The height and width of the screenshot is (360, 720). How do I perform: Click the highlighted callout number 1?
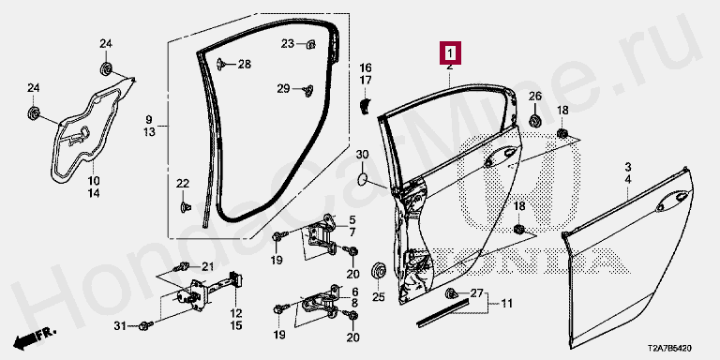450,53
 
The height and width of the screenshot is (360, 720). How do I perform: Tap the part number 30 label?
362,155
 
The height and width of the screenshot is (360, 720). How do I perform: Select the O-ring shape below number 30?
362,180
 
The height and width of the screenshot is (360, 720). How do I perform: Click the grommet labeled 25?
379,270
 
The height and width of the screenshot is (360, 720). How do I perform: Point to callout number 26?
535,97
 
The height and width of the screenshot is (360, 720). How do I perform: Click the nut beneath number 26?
534,121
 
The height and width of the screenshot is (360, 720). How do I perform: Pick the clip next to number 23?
311,44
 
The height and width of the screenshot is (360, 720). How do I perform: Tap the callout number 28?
245,65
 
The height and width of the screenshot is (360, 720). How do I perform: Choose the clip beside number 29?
307,90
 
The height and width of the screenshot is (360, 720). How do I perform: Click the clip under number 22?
185,207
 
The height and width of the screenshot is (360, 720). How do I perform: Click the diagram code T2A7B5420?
670,349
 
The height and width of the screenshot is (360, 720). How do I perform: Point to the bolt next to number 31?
146,326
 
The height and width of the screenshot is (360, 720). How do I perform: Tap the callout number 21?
208,267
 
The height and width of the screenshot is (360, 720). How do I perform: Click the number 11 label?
506,304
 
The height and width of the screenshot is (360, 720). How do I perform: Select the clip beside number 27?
451,292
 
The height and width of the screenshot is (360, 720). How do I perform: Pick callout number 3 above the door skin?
628,166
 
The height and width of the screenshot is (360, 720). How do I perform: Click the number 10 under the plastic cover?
94,180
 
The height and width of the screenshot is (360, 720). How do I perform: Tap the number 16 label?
366,67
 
